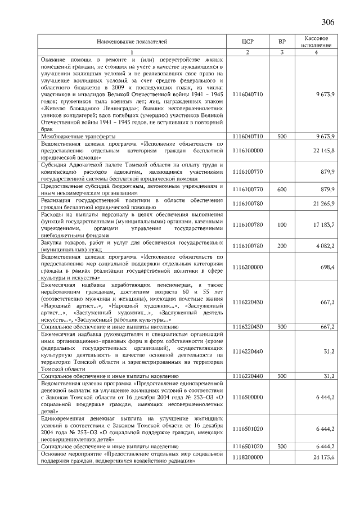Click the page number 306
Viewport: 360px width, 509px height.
(x=328, y=22)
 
